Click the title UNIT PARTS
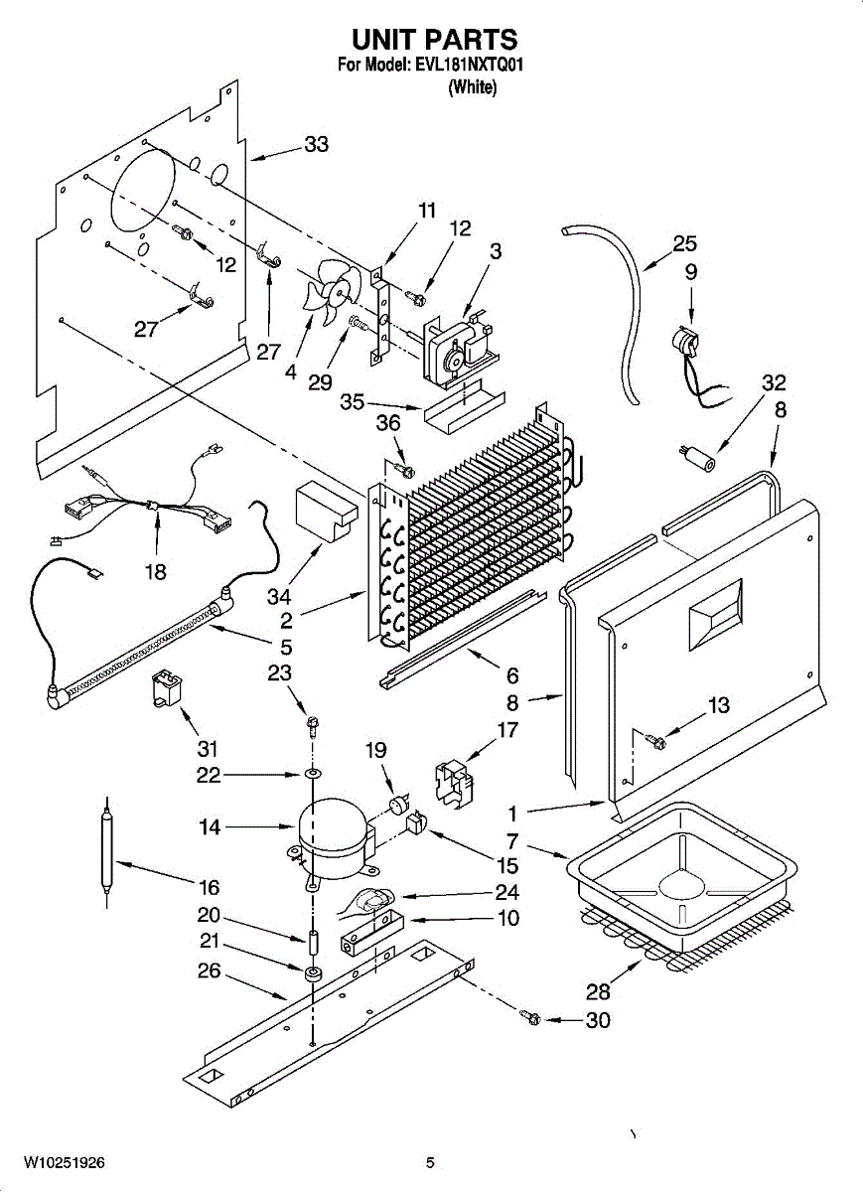pyautogui.click(x=434, y=39)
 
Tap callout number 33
pyautogui.click(x=316, y=145)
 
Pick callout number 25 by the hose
pyautogui.click(x=684, y=244)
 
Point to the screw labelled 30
pyautogui.click(x=532, y=1018)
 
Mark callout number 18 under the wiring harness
pyautogui.click(x=156, y=571)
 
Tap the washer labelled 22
pyautogui.click(x=312, y=774)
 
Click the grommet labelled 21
pyautogui.click(x=312, y=972)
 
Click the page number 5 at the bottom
pyautogui.click(x=430, y=1162)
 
